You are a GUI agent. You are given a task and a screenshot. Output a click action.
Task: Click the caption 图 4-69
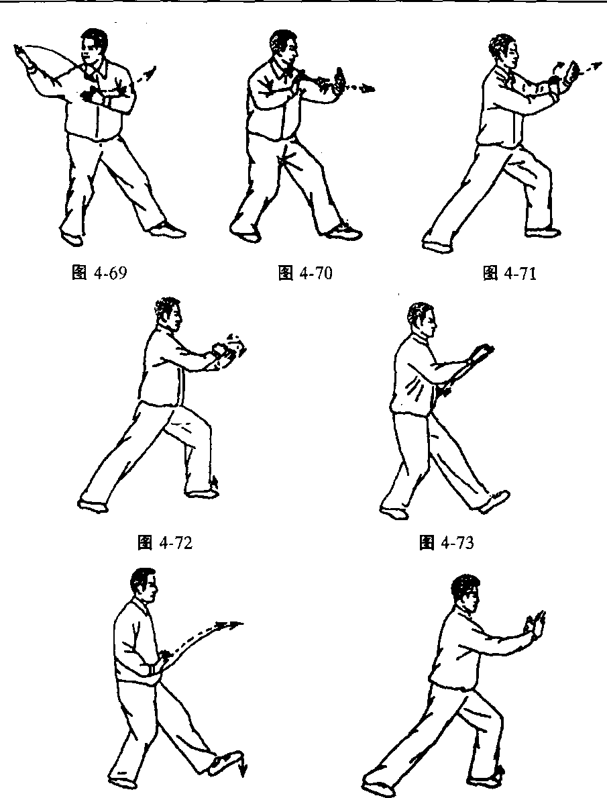pyautogui.click(x=100, y=273)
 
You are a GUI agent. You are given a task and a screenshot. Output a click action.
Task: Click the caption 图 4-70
pyautogui.click(x=305, y=273)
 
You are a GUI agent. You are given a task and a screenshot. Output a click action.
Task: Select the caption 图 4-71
pyautogui.click(x=509, y=274)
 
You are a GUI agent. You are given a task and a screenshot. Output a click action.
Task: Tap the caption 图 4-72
pyautogui.click(x=166, y=543)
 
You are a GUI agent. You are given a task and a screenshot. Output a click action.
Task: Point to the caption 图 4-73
pyautogui.click(x=446, y=543)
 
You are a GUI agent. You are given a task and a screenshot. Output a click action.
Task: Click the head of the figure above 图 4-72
pyautogui.click(x=168, y=315)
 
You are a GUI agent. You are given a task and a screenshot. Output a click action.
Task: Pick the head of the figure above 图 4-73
pyautogui.click(x=422, y=321)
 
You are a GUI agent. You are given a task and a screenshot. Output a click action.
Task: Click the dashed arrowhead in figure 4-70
pyautogui.click(x=368, y=90)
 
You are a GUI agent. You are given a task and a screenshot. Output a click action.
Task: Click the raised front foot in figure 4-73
pyautogui.click(x=495, y=501)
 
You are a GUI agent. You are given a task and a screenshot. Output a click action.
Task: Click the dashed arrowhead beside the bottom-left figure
pyautogui.click(x=236, y=624)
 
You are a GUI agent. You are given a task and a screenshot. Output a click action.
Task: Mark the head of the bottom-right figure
pyautogui.click(x=465, y=593)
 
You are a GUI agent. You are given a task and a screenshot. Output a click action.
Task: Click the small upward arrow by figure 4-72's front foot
pyautogui.click(x=216, y=482)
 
